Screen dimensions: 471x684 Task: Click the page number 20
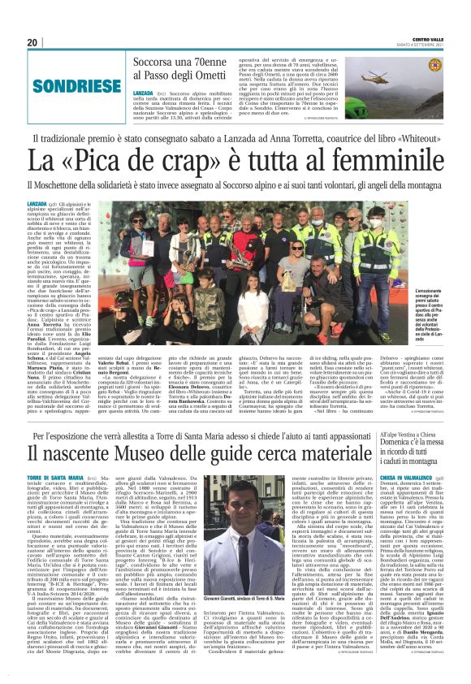point(32,43)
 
